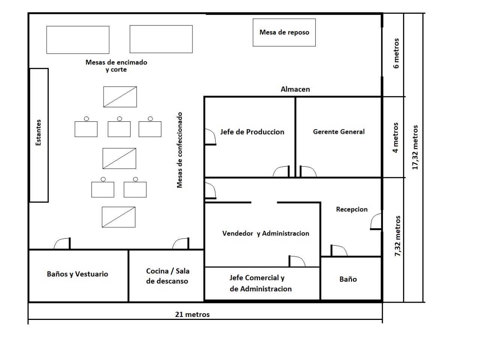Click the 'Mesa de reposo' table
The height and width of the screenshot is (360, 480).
(284, 32)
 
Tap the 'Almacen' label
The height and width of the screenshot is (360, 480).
(295, 89)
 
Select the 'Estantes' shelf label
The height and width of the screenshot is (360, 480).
(39, 132)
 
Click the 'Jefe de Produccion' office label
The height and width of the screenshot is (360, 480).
(252, 132)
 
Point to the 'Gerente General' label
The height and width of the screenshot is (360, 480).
(339, 131)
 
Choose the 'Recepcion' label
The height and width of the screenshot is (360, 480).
(352, 209)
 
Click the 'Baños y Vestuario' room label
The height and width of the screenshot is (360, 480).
(77, 274)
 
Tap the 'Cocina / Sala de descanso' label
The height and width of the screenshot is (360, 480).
(168, 276)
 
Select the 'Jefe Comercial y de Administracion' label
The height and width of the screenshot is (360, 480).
(261, 283)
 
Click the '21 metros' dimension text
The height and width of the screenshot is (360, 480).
(192, 314)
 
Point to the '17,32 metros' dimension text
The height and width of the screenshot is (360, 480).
(415, 147)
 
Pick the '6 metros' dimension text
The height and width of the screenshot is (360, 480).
(396, 53)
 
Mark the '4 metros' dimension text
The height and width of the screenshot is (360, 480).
(395, 137)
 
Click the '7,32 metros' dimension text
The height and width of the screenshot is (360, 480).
(397, 236)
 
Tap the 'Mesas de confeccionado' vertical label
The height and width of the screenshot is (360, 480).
(179, 150)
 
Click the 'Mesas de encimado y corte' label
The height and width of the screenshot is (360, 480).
(116, 66)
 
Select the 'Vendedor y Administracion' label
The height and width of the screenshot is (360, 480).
(266, 233)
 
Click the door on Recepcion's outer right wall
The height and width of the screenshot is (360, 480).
(376, 221)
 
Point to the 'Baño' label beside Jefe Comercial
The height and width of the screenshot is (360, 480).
(348, 279)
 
